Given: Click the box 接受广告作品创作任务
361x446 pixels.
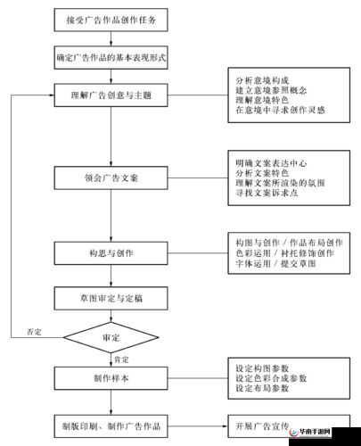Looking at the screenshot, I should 111,19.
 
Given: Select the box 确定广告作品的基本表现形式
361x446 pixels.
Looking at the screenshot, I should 111,57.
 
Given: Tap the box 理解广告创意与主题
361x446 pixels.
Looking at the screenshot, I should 111,93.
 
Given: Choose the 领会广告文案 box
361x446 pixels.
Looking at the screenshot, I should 111,177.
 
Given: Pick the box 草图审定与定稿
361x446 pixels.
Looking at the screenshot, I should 111,296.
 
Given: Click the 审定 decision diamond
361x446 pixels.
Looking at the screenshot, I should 111,338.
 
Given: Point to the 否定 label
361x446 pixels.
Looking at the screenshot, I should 34,332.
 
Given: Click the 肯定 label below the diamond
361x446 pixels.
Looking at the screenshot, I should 119,359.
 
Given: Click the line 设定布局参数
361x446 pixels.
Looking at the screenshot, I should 262,389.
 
